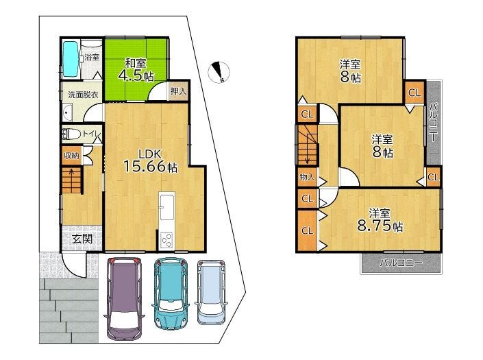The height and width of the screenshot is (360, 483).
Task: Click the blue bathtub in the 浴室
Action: pyautogui.click(x=71, y=59)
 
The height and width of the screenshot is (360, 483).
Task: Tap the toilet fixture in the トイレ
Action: pyautogui.click(x=70, y=134)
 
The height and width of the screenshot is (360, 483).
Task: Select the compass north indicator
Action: pyautogui.click(x=219, y=73)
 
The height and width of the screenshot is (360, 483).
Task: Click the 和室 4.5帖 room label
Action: pyautogui.click(x=136, y=70)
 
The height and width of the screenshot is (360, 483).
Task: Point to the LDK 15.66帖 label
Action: pyautogui.click(x=150, y=161)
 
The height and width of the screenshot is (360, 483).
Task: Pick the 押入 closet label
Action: pyautogui.click(x=179, y=91)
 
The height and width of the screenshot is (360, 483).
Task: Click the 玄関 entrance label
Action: pyautogui.click(x=82, y=238)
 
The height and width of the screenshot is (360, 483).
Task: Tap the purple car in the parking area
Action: pyautogui.click(x=124, y=298)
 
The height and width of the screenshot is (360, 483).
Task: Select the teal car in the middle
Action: pyautogui.click(x=171, y=293)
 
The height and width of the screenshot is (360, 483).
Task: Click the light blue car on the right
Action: pyautogui.click(x=211, y=292)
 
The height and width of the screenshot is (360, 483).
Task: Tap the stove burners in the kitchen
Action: pyautogui.click(x=167, y=240)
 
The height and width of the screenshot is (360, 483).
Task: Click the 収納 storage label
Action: pyautogui.click(x=72, y=156)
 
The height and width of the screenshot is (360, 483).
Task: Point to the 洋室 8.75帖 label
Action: pyautogui.click(x=380, y=219)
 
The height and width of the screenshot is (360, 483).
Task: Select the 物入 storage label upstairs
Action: pyautogui.click(x=307, y=177)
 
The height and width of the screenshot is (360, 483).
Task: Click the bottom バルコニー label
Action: pyautogui.click(x=401, y=263)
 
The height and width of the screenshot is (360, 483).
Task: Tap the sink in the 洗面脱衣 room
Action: pyautogui.click(x=67, y=113)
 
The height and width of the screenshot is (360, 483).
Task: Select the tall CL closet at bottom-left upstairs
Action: pyautogui.click(x=307, y=230)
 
